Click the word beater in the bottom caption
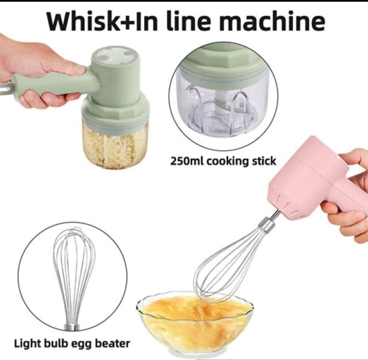tap(113, 343)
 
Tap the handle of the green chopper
tap(55, 83)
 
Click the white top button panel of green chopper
tap(116, 54)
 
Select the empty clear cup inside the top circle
tap(223, 106)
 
